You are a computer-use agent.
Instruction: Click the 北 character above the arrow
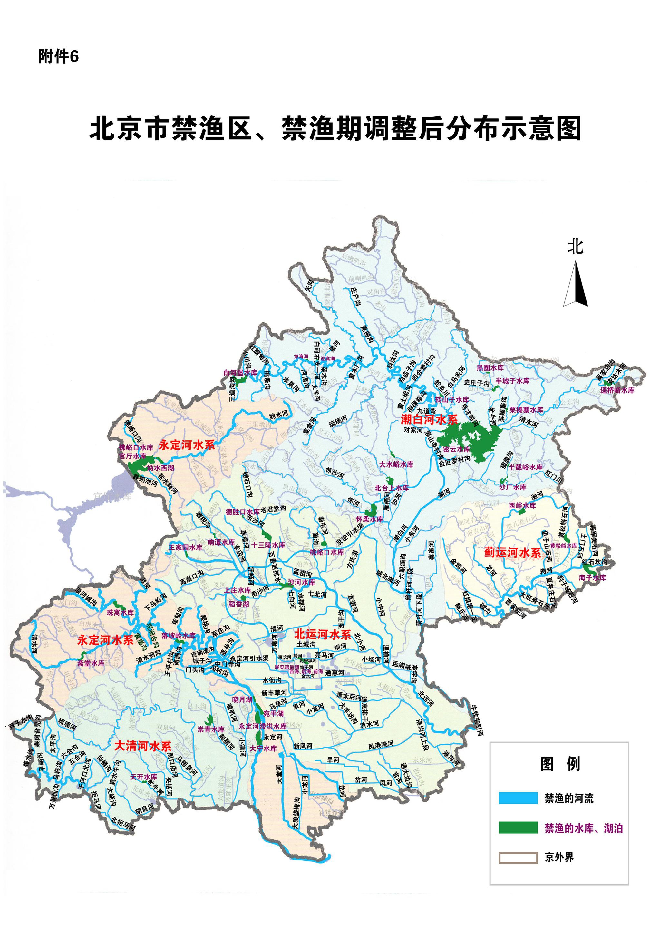(575, 246)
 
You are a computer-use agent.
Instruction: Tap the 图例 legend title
(560, 764)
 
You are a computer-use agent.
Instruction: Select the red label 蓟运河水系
(512, 552)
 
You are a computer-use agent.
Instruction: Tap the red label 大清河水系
(143, 746)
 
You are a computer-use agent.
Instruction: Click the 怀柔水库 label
(369, 519)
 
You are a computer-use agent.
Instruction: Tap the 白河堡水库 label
(241, 372)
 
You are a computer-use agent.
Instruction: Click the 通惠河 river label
(335, 673)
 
